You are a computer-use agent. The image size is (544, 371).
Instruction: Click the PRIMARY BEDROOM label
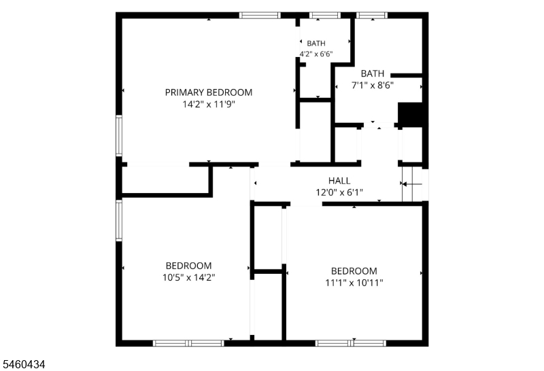(x=209, y=92)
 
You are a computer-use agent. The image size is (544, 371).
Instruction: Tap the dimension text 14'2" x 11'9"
(x=209, y=105)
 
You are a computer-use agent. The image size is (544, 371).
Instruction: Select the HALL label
(x=339, y=181)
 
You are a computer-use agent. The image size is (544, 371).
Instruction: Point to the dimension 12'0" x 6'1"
(x=339, y=192)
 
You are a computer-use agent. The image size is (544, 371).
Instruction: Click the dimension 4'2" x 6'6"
(x=316, y=54)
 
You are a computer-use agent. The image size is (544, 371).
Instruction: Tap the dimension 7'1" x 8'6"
(x=373, y=86)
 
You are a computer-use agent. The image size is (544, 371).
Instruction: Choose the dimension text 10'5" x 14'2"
(x=189, y=278)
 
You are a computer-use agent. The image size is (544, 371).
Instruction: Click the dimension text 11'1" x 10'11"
(x=354, y=283)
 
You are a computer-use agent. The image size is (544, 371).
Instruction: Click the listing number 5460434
(x=24, y=364)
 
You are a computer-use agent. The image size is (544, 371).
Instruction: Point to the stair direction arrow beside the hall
(x=412, y=183)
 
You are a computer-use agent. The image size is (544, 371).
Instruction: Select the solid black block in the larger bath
(x=410, y=113)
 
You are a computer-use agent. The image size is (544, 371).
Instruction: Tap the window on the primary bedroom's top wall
(x=260, y=15)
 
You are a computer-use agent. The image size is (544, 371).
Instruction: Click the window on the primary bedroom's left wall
(x=119, y=136)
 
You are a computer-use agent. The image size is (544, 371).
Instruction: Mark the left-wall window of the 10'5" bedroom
(x=119, y=221)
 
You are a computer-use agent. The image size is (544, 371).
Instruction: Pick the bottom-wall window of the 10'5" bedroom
(x=189, y=343)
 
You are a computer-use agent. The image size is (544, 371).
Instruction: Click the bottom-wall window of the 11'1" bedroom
(x=351, y=343)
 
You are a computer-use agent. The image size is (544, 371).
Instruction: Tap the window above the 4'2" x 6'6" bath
(x=325, y=15)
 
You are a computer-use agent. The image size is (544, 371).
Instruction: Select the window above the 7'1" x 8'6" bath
(x=372, y=15)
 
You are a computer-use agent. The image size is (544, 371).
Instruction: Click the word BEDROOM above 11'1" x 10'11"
(x=354, y=271)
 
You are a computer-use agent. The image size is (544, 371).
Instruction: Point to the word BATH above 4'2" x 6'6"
(x=316, y=43)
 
